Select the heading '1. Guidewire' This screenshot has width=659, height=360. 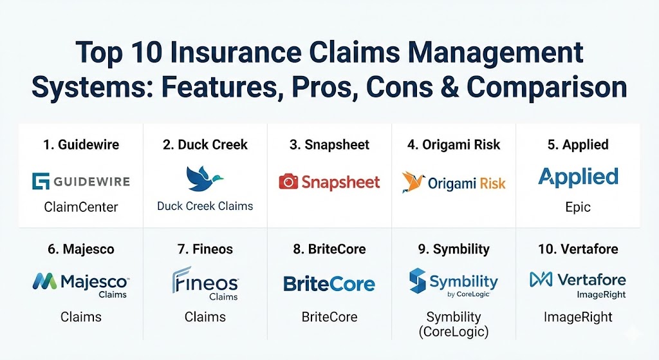coord(81,145)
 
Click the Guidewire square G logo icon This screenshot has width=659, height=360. coord(41,181)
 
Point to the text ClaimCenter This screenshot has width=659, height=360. coord(81,207)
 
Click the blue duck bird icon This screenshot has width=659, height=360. coord(204,178)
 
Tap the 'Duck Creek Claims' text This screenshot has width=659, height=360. coord(205,206)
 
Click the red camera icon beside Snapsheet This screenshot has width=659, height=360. coord(288,182)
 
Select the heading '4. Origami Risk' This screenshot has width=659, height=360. coord(454,145)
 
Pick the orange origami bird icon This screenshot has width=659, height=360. coord(413,182)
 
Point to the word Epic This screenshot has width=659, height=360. coord(579,207)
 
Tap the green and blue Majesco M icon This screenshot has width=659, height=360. coord(44,281)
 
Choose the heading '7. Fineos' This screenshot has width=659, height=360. coord(205,249)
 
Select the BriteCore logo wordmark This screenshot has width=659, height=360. coord(329,284)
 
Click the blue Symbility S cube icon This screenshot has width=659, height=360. coord(417,281)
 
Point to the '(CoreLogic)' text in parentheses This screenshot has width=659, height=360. coord(454,332)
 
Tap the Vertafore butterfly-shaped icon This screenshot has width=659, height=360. coord(541,279)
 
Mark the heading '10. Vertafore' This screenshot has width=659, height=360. coord(579,249)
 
